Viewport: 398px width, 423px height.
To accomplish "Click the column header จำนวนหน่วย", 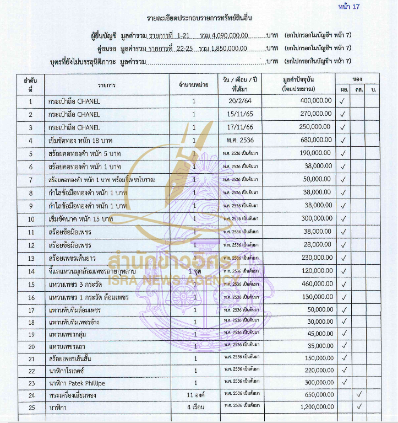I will [193, 84].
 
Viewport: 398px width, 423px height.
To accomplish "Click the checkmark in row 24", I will [358, 395].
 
